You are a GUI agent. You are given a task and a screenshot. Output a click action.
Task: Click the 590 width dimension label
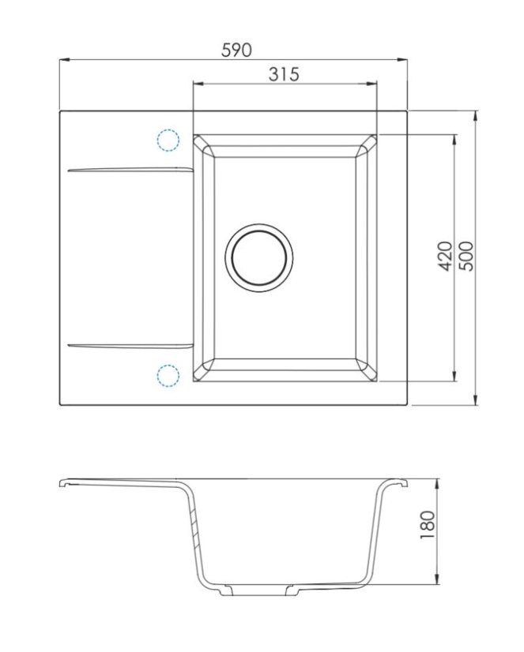(x=236, y=51)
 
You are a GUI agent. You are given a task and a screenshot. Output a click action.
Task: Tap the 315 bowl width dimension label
(x=284, y=74)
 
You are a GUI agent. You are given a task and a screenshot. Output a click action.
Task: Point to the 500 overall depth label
(x=467, y=256)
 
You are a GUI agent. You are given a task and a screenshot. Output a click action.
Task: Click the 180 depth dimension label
(x=428, y=525)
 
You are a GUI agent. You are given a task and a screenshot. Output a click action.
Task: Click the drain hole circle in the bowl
(x=259, y=258)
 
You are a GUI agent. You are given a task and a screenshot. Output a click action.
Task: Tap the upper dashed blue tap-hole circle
(x=168, y=141)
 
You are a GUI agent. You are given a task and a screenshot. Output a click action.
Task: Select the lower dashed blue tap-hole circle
(x=168, y=376)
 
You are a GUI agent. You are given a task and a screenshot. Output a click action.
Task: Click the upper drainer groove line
(x=130, y=170)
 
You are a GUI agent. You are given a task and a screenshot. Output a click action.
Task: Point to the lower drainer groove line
(x=130, y=346)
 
